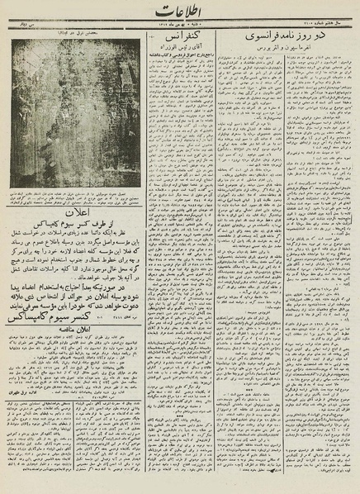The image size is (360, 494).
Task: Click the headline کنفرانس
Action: click(177, 38)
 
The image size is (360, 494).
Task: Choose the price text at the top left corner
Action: click(17, 26)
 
